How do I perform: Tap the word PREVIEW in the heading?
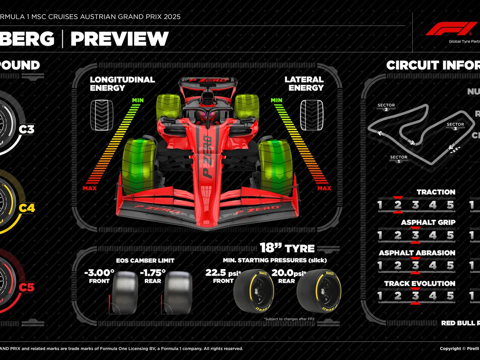click(120, 39)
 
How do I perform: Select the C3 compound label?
click(27, 130)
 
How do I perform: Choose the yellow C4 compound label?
click(27, 208)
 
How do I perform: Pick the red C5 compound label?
click(27, 287)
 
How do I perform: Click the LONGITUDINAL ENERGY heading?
click(122, 84)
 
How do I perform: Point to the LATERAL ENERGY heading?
click(304, 84)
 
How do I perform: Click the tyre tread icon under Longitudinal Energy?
click(102, 115)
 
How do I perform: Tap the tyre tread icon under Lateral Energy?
click(312, 115)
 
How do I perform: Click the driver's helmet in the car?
click(208, 117)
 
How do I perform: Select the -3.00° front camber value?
click(99, 273)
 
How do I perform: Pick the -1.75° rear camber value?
click(152, 273)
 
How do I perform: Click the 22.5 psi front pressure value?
click(222, 273)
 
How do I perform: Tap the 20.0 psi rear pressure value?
click(288, 273)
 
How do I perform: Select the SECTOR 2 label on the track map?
click(386, 107)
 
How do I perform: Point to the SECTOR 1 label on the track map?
click(398, 159)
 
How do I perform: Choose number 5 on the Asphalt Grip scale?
click(450, 235)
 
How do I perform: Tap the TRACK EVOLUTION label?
click(420, 284)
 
